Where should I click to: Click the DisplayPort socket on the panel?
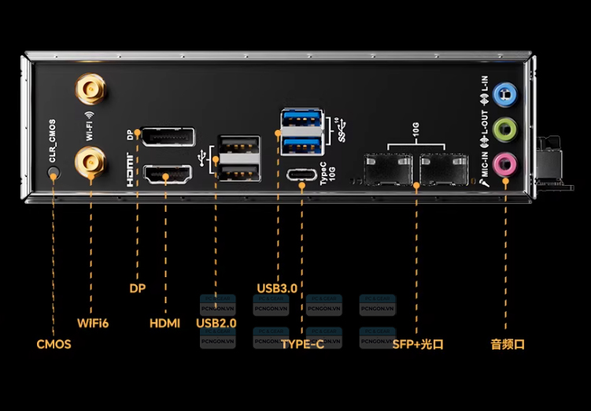167,137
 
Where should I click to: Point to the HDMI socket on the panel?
167,176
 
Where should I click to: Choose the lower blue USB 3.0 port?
301,145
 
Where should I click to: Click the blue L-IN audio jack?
504,93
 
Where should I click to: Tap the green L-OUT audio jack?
504,128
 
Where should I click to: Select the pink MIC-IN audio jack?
504,164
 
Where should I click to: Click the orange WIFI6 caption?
93,323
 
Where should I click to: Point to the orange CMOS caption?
54,344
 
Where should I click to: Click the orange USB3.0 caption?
277,288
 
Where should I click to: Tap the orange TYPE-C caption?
303,344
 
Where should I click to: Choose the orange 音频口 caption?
507,344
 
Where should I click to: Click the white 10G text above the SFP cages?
415,126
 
